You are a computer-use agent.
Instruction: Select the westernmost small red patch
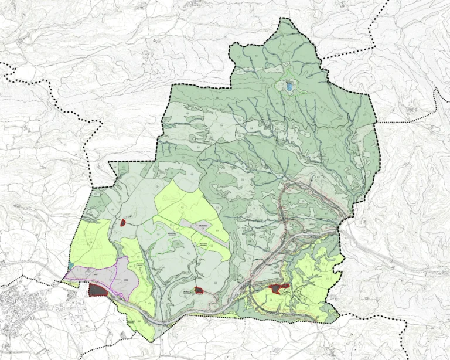123,223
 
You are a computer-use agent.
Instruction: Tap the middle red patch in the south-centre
199,290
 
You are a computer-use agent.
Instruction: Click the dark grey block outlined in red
97,289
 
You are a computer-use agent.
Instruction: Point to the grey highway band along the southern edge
176,317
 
